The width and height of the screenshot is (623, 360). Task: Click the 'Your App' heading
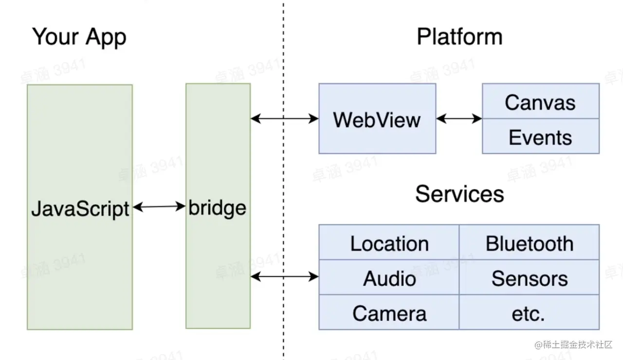pyautogui.click(x=79, y=37)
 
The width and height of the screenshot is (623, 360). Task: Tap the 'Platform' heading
pyautogui.click(x=459, y=37)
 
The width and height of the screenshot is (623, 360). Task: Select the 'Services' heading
pyautogui.click(x=459, y=194)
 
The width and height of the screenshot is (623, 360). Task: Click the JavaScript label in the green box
pyautogui.click(x=80, y=208)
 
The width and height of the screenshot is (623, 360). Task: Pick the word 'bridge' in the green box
pyautogui.click(x=218, y=208)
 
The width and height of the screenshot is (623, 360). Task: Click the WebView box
pyautogui.click(x=377, y=119)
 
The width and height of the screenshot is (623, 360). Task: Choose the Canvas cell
pyautogui.click(x=540, y=102)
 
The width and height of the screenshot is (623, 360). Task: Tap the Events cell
pyautogui.click(x=540, y=137)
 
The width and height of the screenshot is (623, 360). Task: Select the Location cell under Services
pyautogui.click(x=389, y=243)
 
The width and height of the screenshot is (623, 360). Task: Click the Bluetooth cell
pyautogui.click(x=530, y=243)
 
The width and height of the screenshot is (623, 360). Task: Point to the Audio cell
pyautogui.click(x=389, y=278)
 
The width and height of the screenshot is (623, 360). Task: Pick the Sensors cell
pyautogui.click(x=530, y=278)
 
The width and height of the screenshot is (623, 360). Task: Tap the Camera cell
pyautogui.click(x=389, y=313)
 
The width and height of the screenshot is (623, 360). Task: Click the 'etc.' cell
pyautogui.click(x=529, y=313)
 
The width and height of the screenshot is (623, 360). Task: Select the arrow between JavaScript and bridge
pyautogui.click(x=159, y=207)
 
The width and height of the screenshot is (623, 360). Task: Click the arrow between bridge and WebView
pyautogui.click(x=285, y=118)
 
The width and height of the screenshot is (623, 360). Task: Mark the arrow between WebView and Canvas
pyautogui.click(x=459, y=118)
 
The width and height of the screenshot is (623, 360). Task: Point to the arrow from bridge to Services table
pyautogui.click(x=285, y=277)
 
